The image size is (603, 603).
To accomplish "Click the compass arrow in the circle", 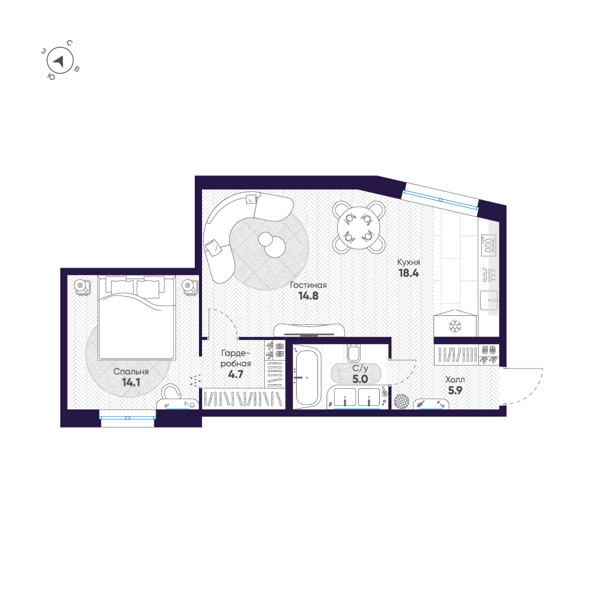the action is (x=59, y=61).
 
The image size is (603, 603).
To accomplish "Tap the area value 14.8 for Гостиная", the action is (x=308, y=295).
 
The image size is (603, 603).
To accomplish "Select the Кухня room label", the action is (x=408, y=262).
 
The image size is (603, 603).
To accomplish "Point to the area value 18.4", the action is (x=408, y=273).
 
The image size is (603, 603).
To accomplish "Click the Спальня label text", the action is (x=131, y=372).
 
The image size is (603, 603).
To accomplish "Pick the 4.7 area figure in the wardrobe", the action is (x=236, y=374).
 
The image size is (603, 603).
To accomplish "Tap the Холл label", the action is (x=455, y=379).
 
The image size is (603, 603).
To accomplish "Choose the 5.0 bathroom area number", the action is (x=361, y=379).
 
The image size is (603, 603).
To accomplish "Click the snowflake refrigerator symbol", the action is (x=455, y=326).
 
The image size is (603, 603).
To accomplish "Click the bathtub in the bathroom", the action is (x=306, y=376).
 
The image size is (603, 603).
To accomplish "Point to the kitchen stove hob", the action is (x=488, y=245).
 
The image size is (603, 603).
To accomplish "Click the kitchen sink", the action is (x=489, y=300).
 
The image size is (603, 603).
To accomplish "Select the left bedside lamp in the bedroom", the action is (x=81, y=286).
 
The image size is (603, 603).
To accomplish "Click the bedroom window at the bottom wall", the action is (x=128, y=418).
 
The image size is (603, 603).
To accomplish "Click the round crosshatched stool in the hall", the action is (x=401, y=401).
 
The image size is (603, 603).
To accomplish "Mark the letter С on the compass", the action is (x=69, y=43).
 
